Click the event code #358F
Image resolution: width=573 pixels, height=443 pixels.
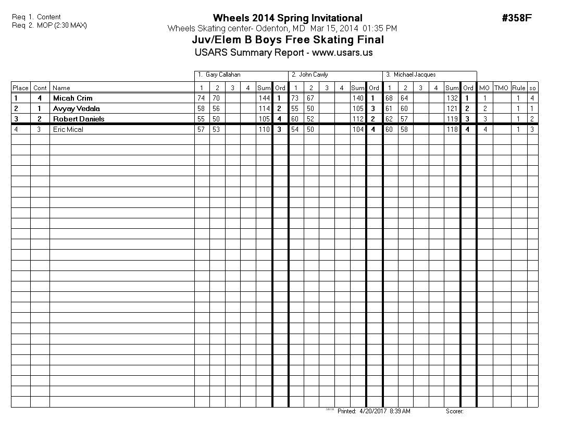517,18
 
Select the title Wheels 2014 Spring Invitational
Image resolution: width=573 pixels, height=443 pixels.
288,18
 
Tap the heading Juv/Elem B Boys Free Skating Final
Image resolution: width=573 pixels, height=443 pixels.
288,40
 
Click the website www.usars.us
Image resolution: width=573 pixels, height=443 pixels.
342,53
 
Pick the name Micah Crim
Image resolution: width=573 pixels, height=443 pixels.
72,98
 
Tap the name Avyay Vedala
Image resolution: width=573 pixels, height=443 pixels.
76,108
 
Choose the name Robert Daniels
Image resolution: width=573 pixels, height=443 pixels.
78,119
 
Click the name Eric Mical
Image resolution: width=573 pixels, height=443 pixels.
68,129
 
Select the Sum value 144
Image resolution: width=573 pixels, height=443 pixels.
264,98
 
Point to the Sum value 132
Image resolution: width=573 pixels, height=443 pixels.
452,98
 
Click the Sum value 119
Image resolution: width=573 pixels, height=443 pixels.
452,119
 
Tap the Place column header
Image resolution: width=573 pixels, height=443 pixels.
21,88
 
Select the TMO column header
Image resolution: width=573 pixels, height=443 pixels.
501,88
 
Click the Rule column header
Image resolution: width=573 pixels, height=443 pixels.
518,88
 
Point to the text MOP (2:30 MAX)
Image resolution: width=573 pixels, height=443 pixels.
61,25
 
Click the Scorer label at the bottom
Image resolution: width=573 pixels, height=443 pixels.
455,411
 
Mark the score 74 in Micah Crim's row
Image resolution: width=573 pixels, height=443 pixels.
202,98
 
